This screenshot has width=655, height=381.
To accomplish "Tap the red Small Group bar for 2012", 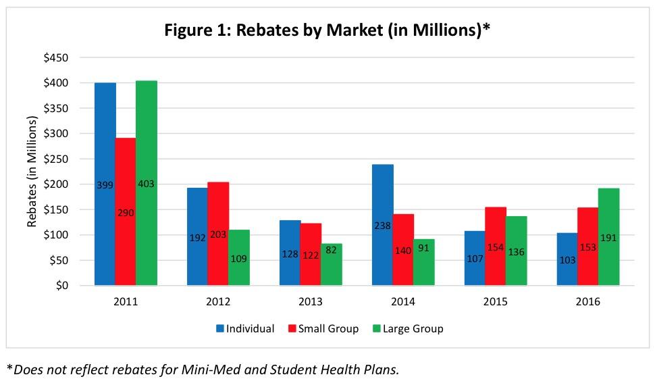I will pyautogui.click(x=218, y=203).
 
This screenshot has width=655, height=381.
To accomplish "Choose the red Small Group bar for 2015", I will pyautogui.click(x=496, y=223).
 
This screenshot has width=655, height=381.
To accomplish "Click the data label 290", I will pyautogui.click(x=126, y=213).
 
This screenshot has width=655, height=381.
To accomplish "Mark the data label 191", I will pyautogui.click(x=608, y=238).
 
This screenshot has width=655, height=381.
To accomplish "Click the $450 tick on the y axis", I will pyautogui.click(x=55, y=58).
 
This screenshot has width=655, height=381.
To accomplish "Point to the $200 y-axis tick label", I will pyautogui.click(x=55, y=184).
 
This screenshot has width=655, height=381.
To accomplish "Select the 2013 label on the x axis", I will pyautogui.click(x=311, y=302).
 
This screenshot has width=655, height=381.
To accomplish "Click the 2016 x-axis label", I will pyautogui.click(x=587, y=302).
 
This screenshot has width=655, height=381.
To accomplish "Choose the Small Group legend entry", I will pyautogui.click(x=327, y=329).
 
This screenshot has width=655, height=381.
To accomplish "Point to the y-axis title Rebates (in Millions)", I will pyautogui.click(x=32, y=172).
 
